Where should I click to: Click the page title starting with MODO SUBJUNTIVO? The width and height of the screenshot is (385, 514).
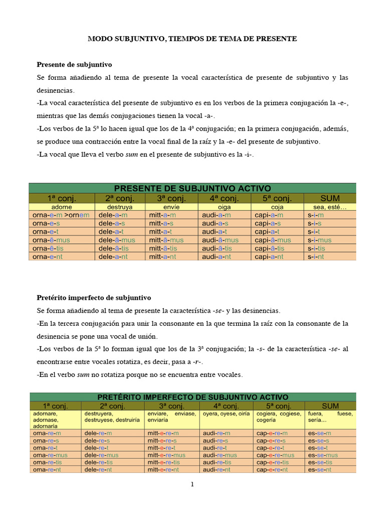(x=192, y=39)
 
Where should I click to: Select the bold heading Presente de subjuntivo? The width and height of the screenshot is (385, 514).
(x=75, y=65)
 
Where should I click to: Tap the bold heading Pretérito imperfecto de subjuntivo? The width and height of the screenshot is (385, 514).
(x=94, y=298)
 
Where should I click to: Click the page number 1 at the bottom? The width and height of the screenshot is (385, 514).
(x=192, y=484)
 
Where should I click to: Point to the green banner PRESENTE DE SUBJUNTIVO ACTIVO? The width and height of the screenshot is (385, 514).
(x=192, y=188)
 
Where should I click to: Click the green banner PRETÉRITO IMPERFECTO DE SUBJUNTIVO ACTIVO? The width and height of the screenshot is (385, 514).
(x=192, y=397)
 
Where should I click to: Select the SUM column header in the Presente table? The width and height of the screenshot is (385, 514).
(x=329, y=198)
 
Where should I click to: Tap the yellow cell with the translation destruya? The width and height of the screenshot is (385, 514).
(x=120, y=206)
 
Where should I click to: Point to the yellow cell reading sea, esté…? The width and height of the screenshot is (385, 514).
(x=329, y=206)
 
